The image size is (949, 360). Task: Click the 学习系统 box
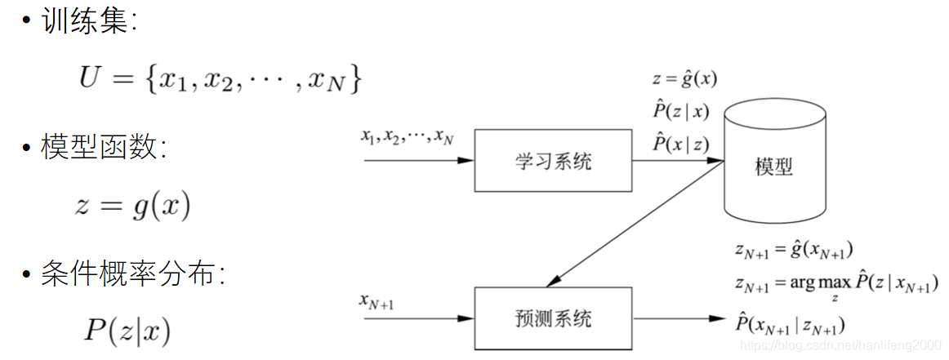(x=553, y=161)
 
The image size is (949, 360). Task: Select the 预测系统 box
(x=553, y=318)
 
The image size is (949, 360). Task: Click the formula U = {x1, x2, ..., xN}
(x=220, y=79)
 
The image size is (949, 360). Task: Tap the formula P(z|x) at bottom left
(x=127, y=331)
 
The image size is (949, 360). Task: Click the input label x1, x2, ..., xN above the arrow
(x=407, y=137)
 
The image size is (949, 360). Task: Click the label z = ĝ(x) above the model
(x=684, y=80)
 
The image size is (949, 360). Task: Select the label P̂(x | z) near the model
(x=680, y=144)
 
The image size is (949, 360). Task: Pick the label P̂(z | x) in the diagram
(x=680, y=112)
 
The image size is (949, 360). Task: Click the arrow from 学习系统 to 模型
(x=676, y=161)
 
